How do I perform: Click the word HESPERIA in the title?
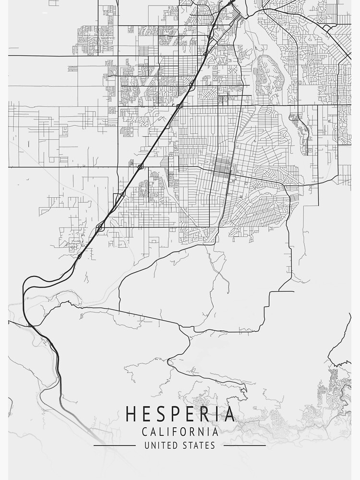[180, 414]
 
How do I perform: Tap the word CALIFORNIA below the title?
[180, 432]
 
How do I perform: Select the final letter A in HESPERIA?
[229, 414]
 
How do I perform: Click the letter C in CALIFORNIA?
[145, 432]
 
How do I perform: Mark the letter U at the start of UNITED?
[147, 445]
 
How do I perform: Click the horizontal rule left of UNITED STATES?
[114, 445]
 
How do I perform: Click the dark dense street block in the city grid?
[221, 167]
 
